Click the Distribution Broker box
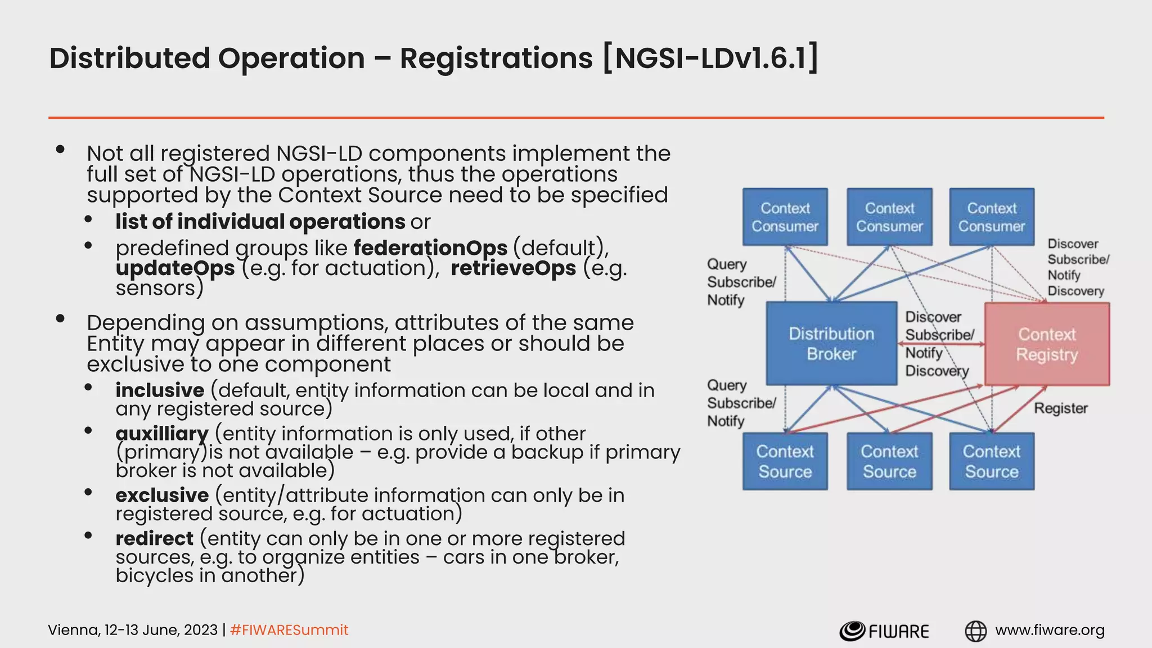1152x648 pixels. [x=831, y=344]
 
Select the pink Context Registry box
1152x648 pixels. [x=1047, y=344]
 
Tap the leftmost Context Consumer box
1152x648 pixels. [x=785, y=217]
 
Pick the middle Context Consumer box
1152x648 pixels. [x=889, y=217]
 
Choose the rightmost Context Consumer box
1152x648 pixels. [x=992, y=217]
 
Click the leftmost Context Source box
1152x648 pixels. [x=785, y=461]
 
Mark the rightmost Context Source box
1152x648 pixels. [x=992, y=461]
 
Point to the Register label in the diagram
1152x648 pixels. [x=1060, y=408]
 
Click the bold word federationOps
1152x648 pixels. [x=430, y=247]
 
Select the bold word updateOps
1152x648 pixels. [x=175, y=268]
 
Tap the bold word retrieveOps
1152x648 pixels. [x=513, y=268]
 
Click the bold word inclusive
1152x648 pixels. [x=160, y=390]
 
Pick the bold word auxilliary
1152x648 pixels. [x=162, y=434]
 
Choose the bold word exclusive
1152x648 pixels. [x=162, y=495]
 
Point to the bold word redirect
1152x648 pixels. [x=155, y=538]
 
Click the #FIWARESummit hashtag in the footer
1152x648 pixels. [x=289, y=630]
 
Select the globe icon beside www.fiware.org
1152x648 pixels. [x=975, y=631]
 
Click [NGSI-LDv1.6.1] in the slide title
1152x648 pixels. [x=710, y=58]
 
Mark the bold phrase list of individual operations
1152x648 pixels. [x=260, y=222]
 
